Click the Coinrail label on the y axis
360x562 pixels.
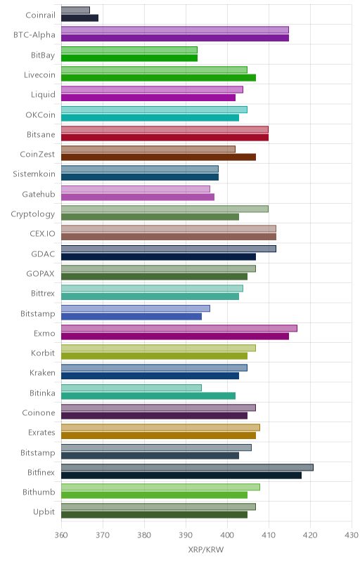(x=40, y=15)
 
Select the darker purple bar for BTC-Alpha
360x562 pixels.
(x=175, y=38)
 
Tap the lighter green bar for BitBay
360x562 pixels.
(x=129, y=50)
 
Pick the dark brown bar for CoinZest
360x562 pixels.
(x=158, y=157)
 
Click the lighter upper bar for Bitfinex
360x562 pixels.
(x=187, y=467)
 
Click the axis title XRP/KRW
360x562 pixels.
(x=206, y=550)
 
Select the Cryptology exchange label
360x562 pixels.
(x=33, y=214)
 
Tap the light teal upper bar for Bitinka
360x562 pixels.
(x=131, y=388)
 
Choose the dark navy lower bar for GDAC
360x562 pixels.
(x=158, y=256)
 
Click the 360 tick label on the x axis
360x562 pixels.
(x=61, y=535)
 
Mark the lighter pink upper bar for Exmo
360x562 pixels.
(x=179, y=328)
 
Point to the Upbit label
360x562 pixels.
(x=44, y=512)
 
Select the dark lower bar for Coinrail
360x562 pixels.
(x=79, y=18)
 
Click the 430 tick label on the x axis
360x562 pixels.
(x=352, y=535)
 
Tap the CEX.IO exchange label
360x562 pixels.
(x=42, y=234)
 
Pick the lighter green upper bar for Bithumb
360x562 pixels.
(x=160, y=487)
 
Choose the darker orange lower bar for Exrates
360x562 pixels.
(x=158, y=436)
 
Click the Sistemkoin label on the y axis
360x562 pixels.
(x=34, y=174)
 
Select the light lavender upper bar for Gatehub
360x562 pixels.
(x=136, y=189)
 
